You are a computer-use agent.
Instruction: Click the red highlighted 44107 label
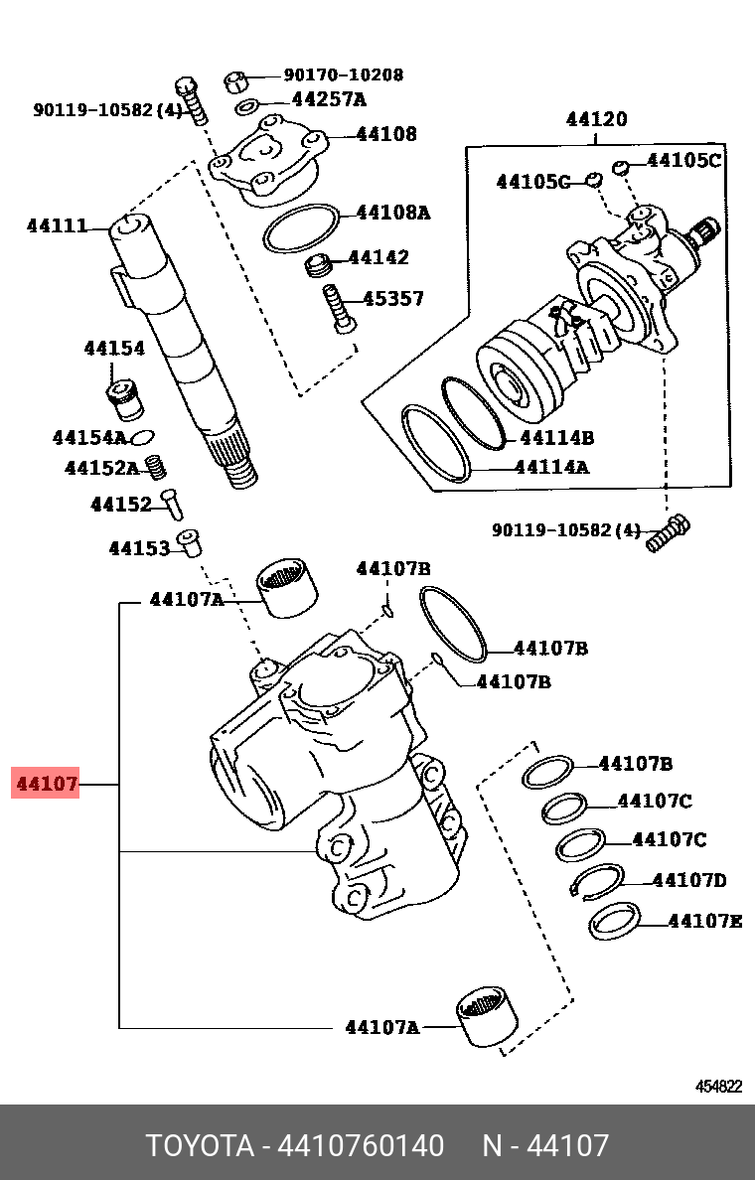45,784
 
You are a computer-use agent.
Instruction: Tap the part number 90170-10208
344,74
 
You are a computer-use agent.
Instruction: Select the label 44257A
329,99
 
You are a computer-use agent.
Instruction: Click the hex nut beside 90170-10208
236,78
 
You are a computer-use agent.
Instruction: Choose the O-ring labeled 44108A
301,228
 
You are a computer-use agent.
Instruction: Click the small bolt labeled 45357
338,308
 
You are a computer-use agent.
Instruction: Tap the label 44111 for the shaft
57,226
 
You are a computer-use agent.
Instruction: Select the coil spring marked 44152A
155,465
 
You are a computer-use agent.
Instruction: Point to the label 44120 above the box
596,119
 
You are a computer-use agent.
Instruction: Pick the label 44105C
683,160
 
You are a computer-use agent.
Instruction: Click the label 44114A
553,466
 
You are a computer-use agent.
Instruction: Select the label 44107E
704,921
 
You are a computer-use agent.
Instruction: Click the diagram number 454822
717,1086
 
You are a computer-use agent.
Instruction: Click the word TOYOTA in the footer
200,1146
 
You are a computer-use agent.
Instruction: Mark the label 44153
139,547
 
